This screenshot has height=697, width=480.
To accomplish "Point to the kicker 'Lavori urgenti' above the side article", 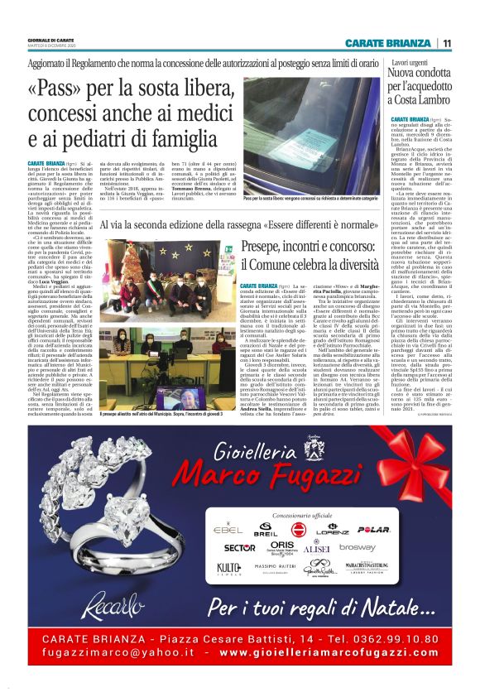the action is pyautogui.click(x=410, y=63).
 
